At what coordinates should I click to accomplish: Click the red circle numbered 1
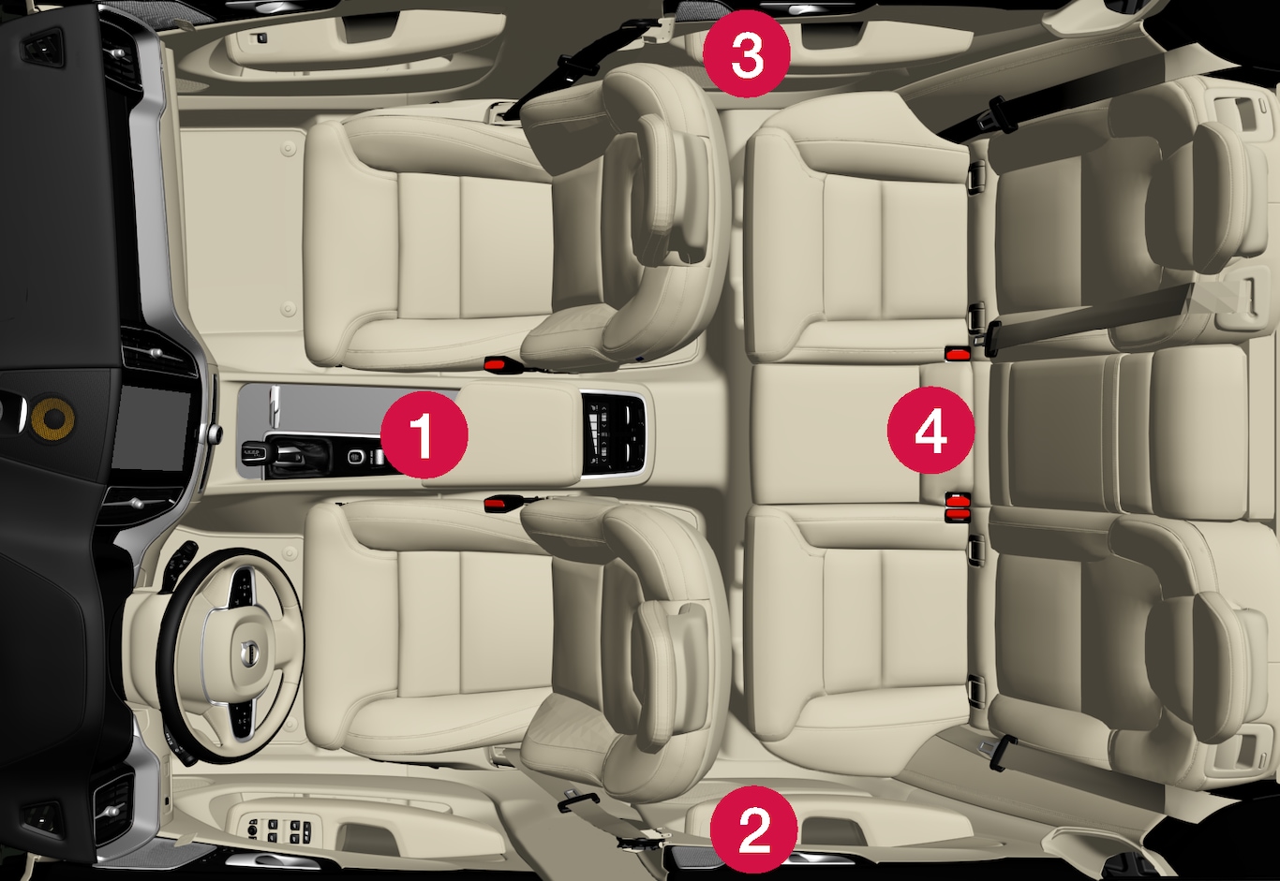click(x=424, y=434)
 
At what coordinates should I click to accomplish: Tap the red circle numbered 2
click(x=753, y=830)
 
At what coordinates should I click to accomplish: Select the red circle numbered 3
click(x=746, y=53)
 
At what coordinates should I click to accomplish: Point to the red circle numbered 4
click(x=930, y=430)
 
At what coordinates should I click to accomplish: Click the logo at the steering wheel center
click(x=247, y=653)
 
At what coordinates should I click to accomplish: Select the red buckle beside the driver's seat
click(x=501, y=503)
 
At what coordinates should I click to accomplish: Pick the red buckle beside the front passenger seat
click(x=501, y=363)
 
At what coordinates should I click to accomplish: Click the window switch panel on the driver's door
click(x=279, y=830)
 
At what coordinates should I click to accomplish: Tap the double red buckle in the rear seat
click(x=958, y=507)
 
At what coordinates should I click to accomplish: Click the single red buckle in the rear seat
click(x=958, y=354)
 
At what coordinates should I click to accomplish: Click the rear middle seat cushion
click(x=834, y=433)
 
